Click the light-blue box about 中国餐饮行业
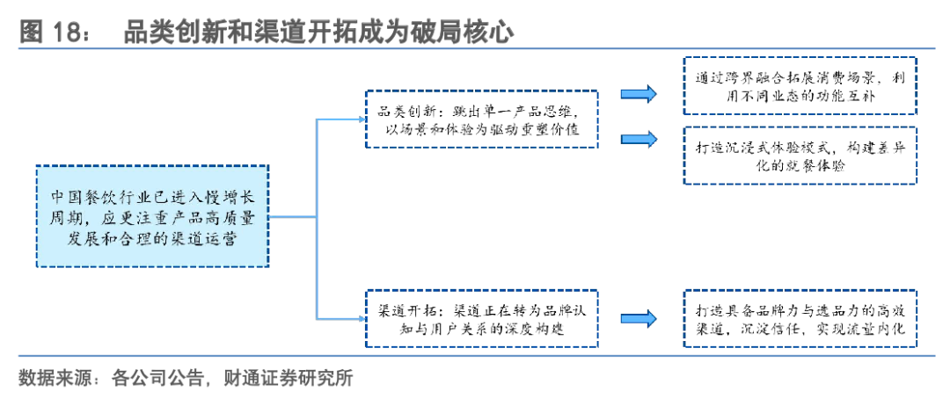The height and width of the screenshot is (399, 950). point(152,215)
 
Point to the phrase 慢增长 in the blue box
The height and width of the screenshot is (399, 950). point(232,195)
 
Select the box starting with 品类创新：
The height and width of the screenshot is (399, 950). point(481,118)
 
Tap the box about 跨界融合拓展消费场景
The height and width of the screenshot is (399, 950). point(799,85)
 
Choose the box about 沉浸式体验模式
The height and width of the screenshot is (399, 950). point(799,155)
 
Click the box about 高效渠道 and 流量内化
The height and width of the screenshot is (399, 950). point(799,319)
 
